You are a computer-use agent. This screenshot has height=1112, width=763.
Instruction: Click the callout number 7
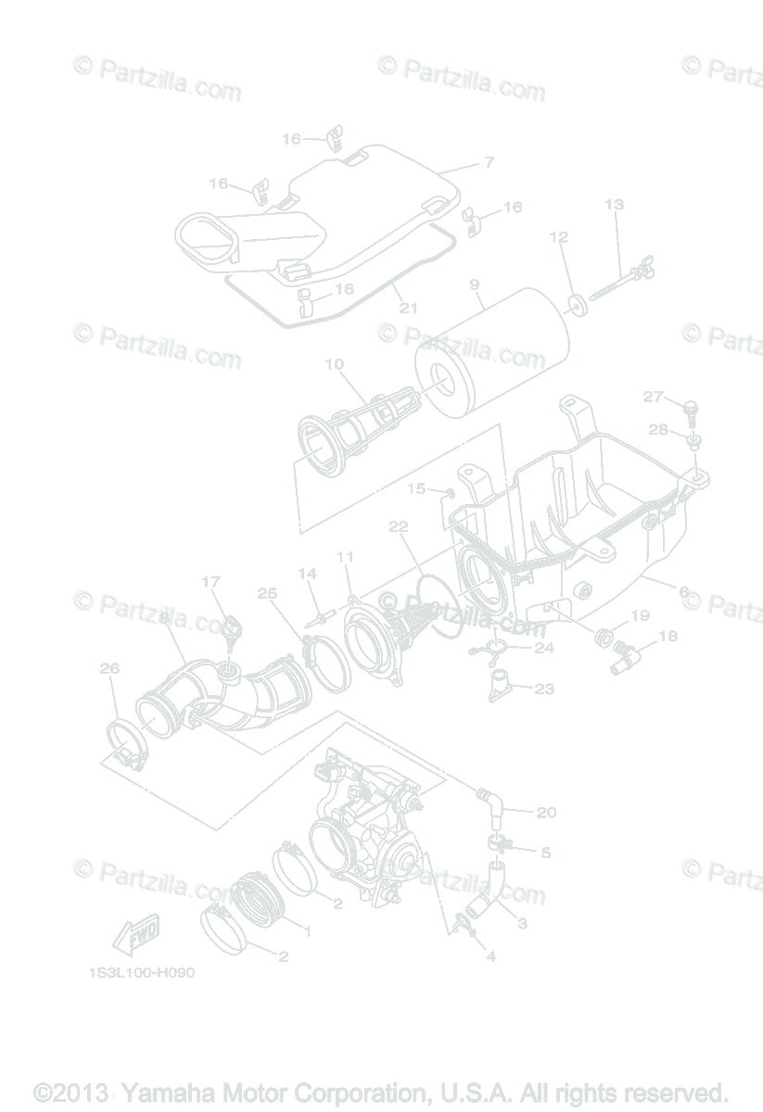click(489, 163)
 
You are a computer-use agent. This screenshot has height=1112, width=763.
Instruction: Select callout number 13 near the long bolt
click(614, 205)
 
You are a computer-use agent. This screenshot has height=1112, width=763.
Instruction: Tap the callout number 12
click(558, 237)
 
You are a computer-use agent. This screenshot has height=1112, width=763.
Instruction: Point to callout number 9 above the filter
click(475, 287)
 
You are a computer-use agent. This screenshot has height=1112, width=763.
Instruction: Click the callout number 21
click(409, 308)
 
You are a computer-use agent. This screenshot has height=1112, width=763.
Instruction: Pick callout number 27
click(653, 398)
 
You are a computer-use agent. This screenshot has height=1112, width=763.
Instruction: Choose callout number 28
click(657, 429)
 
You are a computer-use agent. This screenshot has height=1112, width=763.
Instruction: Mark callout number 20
click(546, 813)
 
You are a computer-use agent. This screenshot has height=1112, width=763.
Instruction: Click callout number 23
click(544, 689)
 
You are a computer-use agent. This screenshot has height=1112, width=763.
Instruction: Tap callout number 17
click(210, 582)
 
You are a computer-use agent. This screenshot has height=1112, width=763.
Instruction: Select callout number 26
click(109, 669)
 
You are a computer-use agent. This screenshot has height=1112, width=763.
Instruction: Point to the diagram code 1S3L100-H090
click(142, 974)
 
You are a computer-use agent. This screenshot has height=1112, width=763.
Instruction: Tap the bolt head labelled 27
click(688, 408)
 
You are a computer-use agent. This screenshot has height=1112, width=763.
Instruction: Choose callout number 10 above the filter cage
click(334, 364)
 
